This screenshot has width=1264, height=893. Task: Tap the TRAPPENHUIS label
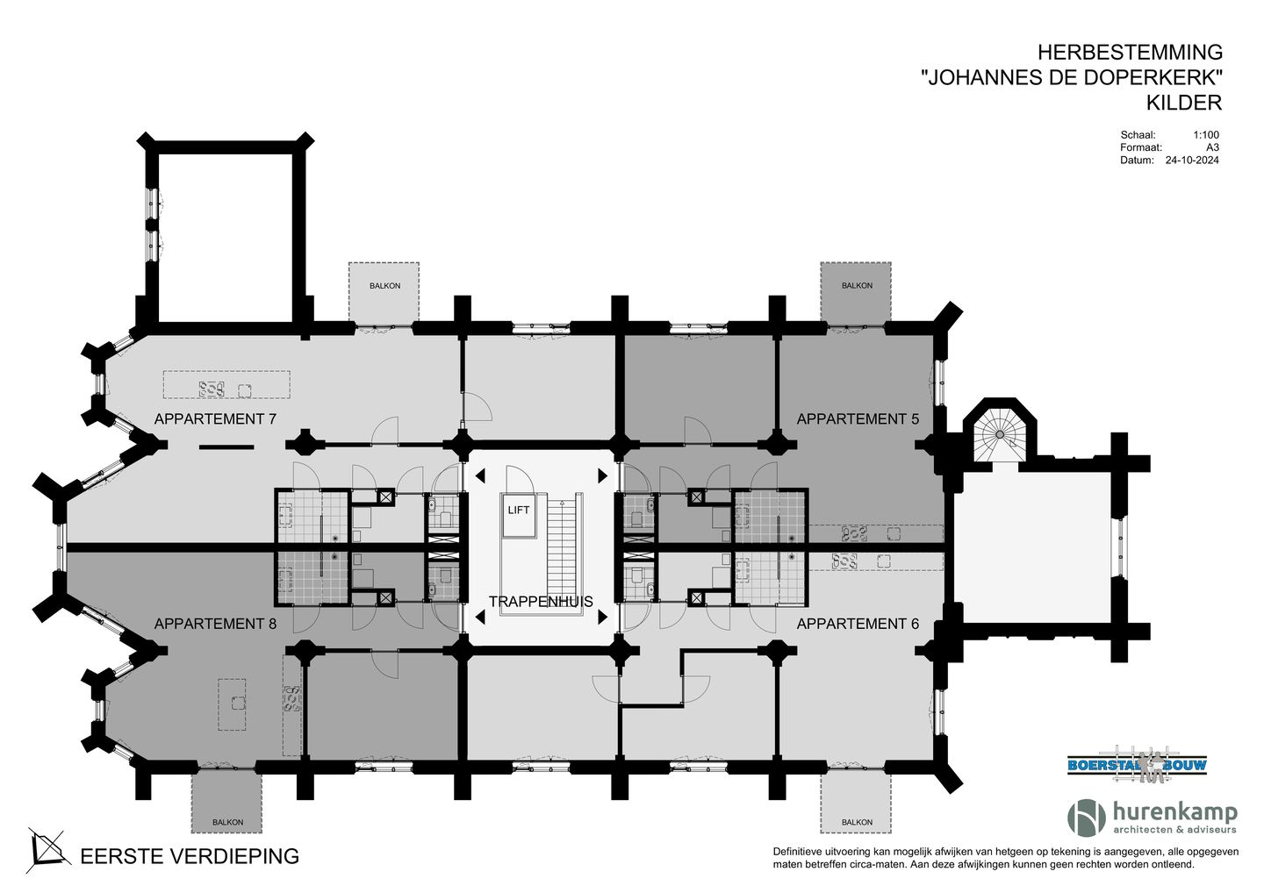pos(541,602)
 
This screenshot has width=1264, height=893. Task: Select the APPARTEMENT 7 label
pos(215,419)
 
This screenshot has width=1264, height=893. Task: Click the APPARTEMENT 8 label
pos(215,624)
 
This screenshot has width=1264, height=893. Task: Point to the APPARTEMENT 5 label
pos(858,419)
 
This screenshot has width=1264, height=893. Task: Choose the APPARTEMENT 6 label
pos(858,624)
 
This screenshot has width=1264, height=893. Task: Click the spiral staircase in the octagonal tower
pos(1000,432)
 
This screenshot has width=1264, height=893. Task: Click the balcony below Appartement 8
pos(227,802)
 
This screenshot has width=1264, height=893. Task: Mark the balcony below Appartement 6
pos(857,802)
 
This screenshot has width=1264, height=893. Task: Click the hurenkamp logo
pos(1152,817)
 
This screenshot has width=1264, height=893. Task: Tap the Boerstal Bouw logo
pos(1137,765)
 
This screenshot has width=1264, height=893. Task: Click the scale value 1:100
pos(1205,135)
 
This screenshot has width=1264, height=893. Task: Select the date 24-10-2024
pos(1191,161)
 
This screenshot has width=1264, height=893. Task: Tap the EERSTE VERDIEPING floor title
pos(190,856)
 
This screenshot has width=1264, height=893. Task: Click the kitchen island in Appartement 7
pos(226,385)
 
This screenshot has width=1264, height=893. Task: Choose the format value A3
pos(1212,147)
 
